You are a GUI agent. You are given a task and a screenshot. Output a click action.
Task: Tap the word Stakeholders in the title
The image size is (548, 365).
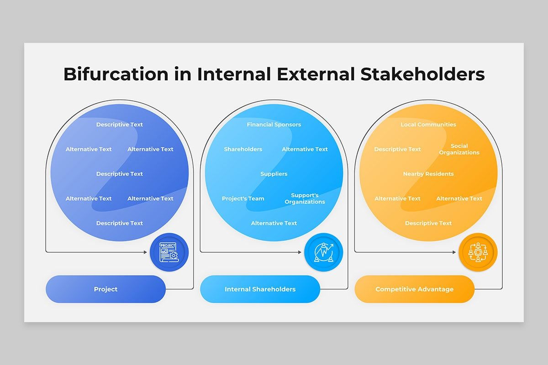[x=422, y=74]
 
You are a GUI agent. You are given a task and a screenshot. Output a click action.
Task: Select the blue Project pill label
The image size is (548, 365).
[x=105, y=289]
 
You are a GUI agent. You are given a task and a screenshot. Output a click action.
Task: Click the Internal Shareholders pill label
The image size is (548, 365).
[x=260, y=289]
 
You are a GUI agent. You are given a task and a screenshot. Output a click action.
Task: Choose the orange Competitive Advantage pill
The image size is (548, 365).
[x=414, y=289]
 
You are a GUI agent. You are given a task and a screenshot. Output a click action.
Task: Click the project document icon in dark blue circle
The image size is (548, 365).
[x=169, y=252]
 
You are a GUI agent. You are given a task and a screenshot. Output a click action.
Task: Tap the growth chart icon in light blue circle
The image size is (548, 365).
[x=323, y=252]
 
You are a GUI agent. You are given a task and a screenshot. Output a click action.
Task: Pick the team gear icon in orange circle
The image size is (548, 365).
[x=478, y=252]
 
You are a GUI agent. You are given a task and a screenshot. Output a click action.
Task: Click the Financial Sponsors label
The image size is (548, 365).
[x=274, y=125]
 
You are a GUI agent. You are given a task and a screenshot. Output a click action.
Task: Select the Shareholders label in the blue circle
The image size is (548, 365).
[x=243, y=149]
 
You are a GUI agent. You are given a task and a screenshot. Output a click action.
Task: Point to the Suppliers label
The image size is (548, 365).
[x=274, y=174]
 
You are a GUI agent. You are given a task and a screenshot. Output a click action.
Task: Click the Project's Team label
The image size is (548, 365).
[x=243, y=198]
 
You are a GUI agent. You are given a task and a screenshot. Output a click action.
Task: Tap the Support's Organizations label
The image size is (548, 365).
[x=305, y=198]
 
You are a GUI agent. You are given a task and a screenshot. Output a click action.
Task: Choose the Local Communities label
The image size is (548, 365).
[x=428, y=125]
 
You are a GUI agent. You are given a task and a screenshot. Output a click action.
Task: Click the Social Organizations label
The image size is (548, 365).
[x=459, y=149]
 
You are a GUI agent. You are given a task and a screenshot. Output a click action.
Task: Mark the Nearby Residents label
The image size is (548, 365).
[x=428, y=174]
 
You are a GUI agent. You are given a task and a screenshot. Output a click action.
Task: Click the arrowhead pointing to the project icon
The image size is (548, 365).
[x=147, y=252]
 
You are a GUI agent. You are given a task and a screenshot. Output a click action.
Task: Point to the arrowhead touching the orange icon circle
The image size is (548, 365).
[x=455, y=252]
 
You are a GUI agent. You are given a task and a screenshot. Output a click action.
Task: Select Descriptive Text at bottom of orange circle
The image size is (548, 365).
[x=428, y=223]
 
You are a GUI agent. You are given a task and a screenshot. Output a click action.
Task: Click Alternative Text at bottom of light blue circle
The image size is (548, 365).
[x=274, y=223]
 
